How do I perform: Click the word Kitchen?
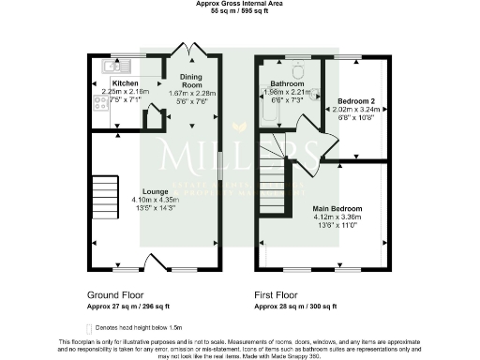(125, 82)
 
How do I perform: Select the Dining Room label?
(191, 82)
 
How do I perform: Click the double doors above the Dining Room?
(190, 50)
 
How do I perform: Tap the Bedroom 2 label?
(352, 100)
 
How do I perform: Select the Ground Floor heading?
(115, 294)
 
